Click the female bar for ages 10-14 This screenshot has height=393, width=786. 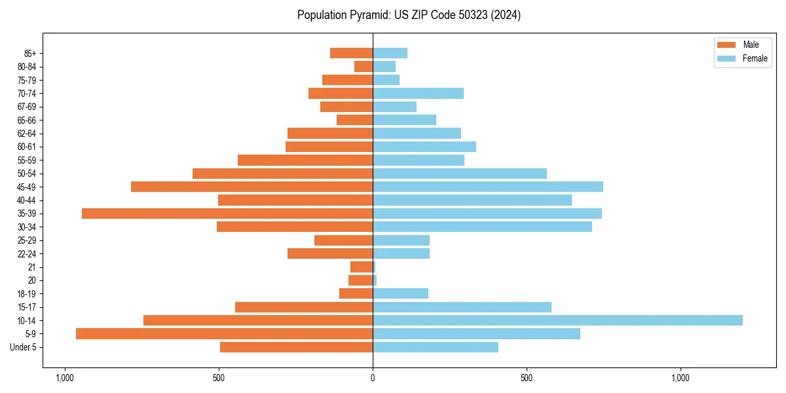coord(557,320)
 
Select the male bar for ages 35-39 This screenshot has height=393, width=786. coord(227,214)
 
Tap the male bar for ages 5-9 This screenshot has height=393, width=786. coord(224,333)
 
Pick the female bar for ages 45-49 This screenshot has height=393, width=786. coord(488,187)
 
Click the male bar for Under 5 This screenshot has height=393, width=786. coord(296,347)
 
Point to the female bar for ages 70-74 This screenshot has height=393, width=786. coord(418,93)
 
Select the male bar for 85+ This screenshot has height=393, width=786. coord(351,53)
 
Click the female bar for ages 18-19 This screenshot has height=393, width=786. coord(400,293)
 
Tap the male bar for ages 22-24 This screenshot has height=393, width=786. coord(330,253)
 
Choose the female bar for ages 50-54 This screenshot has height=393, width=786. coord(460,174)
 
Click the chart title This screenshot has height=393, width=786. coord(409,15)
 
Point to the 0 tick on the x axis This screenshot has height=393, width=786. coord(373,378)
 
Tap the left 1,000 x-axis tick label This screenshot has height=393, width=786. coord(64,378)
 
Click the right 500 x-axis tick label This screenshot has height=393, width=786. coord(526,378)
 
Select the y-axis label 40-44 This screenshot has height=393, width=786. coord(26,200)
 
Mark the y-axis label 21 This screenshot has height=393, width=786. coord(32,267)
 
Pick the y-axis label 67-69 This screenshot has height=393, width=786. coord(26,107)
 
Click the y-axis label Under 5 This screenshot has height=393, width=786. coord(23,347)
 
